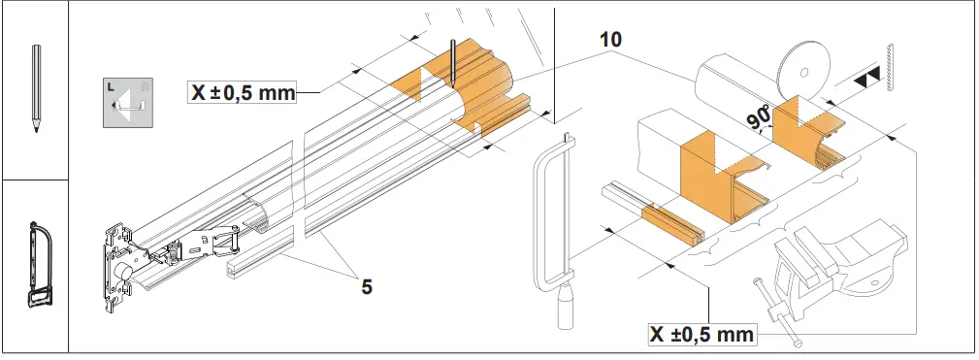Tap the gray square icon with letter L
tap(129, 101)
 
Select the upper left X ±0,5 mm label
tap(240, 93)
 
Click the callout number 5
tap(366, 286)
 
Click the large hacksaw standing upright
tap(554, 223)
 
